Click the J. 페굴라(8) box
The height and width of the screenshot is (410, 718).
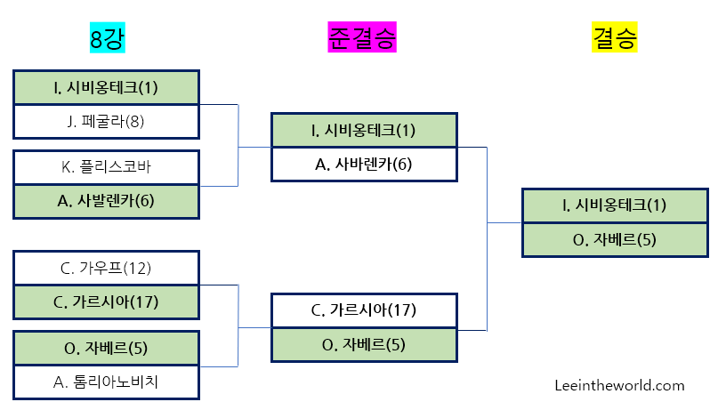click(106, 122)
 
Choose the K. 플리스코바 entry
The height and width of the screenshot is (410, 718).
click(106, 166)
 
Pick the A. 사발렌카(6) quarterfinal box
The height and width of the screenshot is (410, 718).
click(106, 201)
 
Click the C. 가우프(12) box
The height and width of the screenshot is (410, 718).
click(106, 268)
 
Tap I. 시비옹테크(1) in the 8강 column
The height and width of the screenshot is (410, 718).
click(106, 87)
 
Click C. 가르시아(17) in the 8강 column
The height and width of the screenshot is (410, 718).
click(106, 302)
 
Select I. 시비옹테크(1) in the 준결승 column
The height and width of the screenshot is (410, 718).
click(363, 130)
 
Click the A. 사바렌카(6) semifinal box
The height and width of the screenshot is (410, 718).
click(363, 164)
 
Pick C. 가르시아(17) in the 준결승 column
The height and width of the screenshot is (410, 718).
click(363, 310)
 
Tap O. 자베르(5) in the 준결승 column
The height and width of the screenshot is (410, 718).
click(363, 344)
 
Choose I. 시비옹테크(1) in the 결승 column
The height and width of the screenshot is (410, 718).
click(615, 205)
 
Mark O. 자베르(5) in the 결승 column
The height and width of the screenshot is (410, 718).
click(615, 239)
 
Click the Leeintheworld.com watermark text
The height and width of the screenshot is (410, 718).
click(619, 385)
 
